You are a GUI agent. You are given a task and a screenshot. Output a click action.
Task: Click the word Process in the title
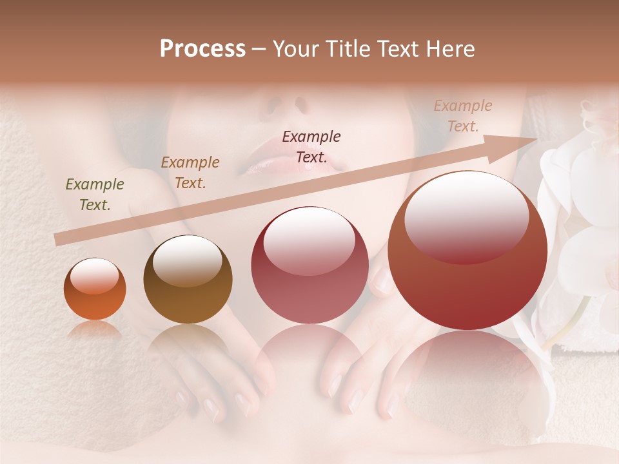202,49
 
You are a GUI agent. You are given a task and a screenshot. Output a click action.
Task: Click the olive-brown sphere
188,280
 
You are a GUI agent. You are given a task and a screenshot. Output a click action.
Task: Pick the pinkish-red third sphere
309,266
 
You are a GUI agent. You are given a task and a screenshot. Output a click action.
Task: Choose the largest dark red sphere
467,251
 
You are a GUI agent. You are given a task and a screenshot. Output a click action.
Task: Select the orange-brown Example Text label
190,172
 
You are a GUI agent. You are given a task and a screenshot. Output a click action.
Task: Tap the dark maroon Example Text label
311,146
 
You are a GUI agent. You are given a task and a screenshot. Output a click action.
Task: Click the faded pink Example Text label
462,115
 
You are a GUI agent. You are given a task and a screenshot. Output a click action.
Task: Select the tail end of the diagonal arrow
59,240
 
